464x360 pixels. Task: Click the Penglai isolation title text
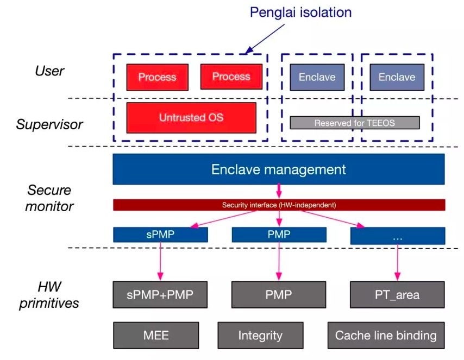click(300, 12)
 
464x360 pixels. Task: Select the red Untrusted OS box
click(191, 118)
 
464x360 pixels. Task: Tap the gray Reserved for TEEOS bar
click(354, 123)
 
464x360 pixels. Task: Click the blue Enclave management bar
click(279, 169)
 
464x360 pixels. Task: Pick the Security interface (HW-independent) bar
click(279, 205)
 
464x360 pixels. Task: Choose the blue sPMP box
click(160, 235)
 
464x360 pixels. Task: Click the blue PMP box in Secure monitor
click(279, 235)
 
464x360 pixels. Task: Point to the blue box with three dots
click(398, 236)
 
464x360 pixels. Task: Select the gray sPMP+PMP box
click(160, 295)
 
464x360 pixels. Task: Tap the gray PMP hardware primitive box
click(279, 295)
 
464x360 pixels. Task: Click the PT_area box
click(397, 295)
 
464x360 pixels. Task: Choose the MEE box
click(156, 336)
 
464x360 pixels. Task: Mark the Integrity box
click(260, 336)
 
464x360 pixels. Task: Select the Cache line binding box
click(386, 336)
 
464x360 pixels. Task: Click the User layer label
click(49, 71)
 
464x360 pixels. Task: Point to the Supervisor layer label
click(49, 124)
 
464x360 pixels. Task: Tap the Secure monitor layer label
click(49, 198)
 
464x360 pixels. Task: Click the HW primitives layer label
click(49, 295)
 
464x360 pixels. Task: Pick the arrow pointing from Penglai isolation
click(265, 39)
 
